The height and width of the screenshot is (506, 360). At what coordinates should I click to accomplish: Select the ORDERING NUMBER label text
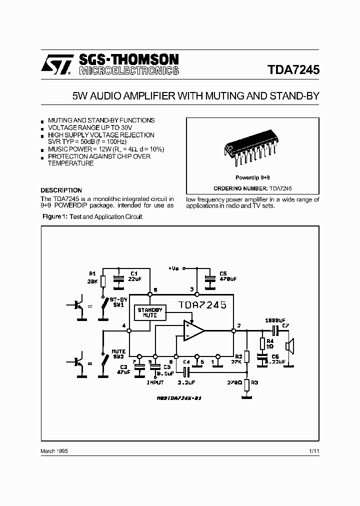(240, 188)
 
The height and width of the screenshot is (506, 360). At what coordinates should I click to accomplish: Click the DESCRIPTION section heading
(61, 190)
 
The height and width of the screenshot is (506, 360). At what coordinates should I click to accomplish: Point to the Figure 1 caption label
(53, 216)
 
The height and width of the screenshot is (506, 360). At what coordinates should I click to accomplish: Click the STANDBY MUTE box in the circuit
(149, 313)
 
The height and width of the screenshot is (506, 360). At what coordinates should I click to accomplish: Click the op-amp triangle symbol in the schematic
(192, 330)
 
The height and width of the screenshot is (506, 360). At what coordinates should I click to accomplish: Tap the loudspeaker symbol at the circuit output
(289, 346)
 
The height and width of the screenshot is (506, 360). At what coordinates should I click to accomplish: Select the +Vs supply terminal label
(173, 268)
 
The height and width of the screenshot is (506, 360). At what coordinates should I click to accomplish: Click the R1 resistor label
(92, 273)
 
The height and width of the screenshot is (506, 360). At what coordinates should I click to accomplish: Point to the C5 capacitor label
(223, 273)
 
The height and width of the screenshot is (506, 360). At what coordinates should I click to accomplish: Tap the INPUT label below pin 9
(155, 383)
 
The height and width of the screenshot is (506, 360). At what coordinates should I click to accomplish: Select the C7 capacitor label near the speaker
(285, 326)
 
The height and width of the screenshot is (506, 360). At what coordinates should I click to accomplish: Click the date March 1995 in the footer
(54, 451)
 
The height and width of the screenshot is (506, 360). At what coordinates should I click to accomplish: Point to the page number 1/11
(314, 451)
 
